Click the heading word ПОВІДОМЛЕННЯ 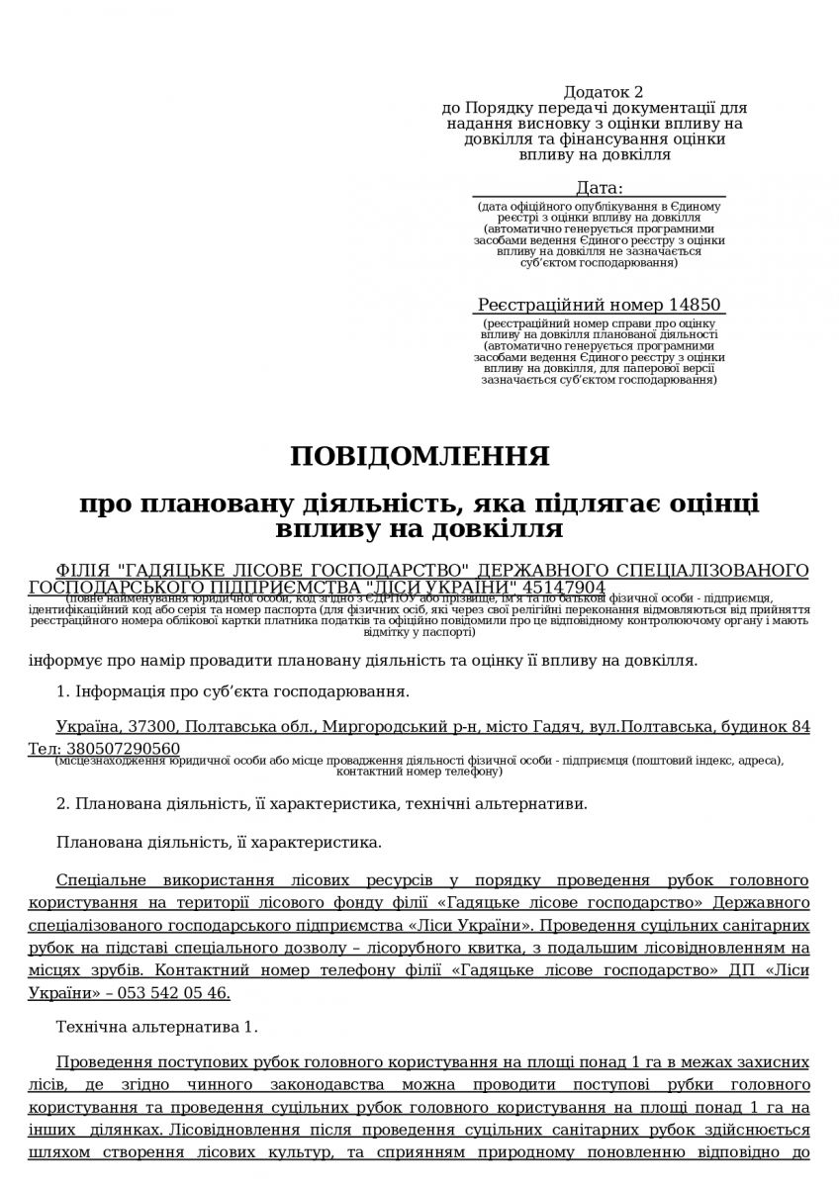click(419, 456)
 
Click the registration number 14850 click(695, 305)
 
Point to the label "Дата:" click(600, 188)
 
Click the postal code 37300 click(153, 727)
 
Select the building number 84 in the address click(800, 727)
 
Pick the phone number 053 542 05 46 click(179, 992)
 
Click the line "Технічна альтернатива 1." click(157, 1027)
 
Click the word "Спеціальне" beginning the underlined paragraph click(104, 879)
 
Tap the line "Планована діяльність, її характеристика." click(219, 842)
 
